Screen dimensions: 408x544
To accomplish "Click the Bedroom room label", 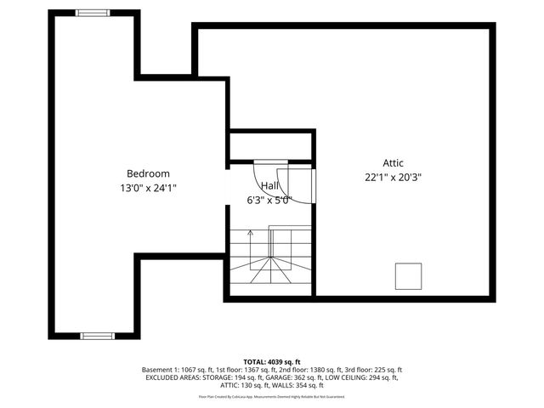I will [x=148, y=173].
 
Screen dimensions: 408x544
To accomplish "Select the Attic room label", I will [x=393, y=163].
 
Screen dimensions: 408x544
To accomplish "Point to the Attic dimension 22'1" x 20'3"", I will [x=393, y=178].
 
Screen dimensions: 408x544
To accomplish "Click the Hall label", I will [x=269, y=185].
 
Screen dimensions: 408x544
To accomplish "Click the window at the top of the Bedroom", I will [x=93, y=13].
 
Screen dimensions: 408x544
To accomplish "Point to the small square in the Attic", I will [x=408, y=275].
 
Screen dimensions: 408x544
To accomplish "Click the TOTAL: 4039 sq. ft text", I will [x=272, y=361].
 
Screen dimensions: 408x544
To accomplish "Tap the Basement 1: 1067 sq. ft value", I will [x=179, y=370].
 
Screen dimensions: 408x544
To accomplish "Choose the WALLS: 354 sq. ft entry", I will [x=294, y=385].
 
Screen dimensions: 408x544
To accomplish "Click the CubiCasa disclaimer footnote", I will [x=272, y=396].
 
